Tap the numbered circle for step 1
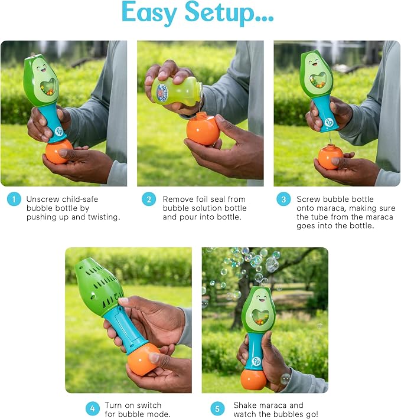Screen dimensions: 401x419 click(x=14, y=199)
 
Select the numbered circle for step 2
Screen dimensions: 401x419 click(x=149, y=199)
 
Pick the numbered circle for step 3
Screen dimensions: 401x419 click(x=283, y=199)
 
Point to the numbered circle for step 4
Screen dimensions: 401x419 click(x=93, y=408)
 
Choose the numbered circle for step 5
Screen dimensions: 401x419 click(x=217, y=408)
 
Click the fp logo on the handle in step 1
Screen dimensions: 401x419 click(x=59, y=132)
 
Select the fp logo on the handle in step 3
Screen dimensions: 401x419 click(x=329, y=122)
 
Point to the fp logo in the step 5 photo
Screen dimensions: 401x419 click(x=256, y=361)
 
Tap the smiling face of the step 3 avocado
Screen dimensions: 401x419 click(x=314, y=63)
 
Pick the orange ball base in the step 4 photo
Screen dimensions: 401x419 click(x=144, y=359)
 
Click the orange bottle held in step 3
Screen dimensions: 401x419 click(x=330, y=156)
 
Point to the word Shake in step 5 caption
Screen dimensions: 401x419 click(x=244, y=405)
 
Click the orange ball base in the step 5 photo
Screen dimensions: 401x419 click(x=254, y=379)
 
